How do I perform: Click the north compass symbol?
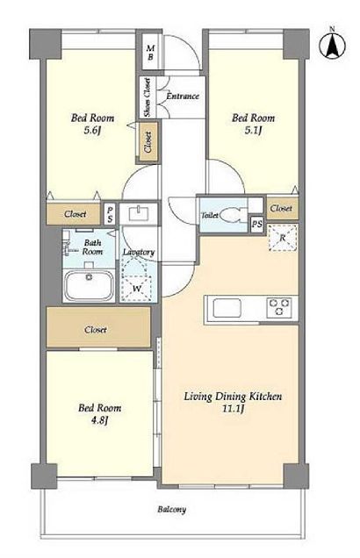332,46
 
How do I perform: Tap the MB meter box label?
150,53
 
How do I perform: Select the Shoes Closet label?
147,97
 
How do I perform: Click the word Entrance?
183,96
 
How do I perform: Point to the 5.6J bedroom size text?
92,130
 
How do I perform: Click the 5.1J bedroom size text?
253,130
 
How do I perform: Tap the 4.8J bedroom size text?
99,420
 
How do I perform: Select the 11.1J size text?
233,409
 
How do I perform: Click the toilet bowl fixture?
230,215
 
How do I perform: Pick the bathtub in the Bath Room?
89,286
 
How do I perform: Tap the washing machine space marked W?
137,279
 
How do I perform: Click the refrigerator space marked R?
283,238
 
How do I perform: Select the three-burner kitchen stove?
279,307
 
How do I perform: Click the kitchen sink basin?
227,308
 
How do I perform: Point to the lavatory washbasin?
138,214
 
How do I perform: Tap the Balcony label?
171,509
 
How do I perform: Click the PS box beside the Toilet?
257,225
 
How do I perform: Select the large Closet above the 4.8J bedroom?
98,326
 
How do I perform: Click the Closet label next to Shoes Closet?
148,142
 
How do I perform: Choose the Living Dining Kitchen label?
233,396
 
